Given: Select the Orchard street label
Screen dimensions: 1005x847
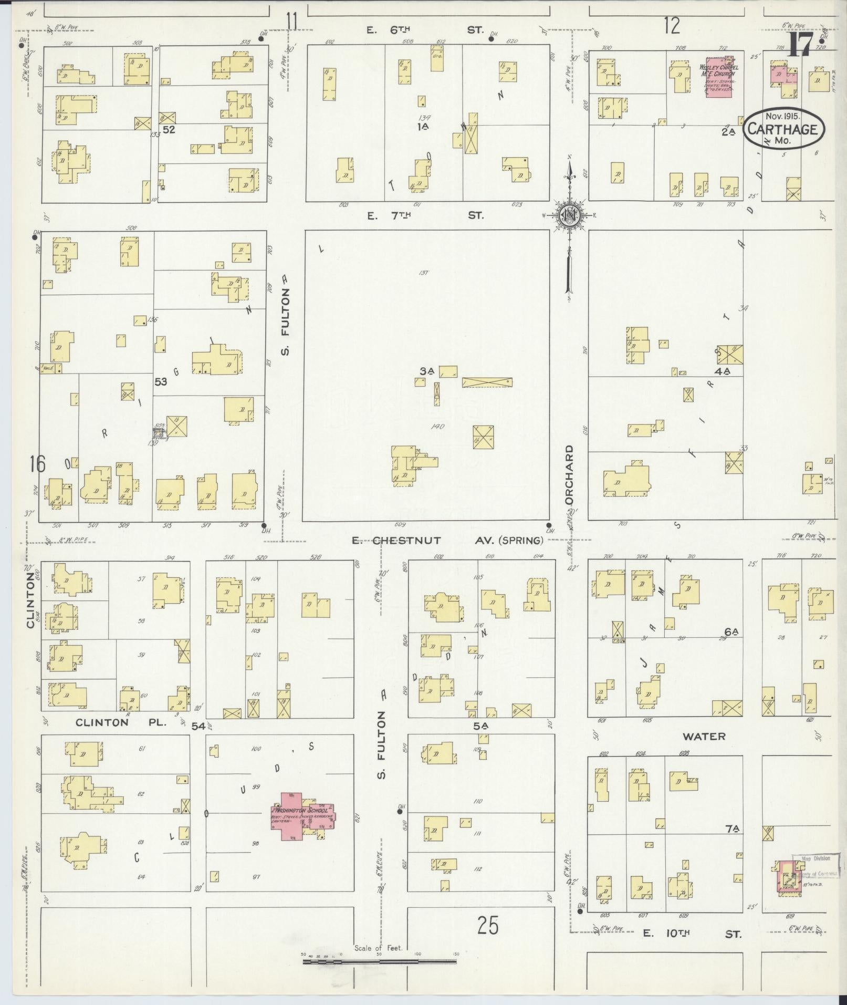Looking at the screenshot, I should click(569, 475).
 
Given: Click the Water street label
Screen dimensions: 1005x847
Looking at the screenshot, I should click(704, 737).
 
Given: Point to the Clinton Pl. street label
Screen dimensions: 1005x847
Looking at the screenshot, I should click(121, 722).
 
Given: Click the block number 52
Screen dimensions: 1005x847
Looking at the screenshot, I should click(169, 129).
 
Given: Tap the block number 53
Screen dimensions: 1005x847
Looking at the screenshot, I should click(160, 382).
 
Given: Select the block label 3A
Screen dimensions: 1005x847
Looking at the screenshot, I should click(426, 371).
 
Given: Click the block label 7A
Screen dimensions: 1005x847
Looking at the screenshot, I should click(732, 829).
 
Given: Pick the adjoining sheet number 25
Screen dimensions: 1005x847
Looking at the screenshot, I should click(488, 926).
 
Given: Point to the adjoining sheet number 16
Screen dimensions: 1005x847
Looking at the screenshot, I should click(37, 464).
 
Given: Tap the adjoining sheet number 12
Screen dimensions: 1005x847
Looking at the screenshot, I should click(672, 25).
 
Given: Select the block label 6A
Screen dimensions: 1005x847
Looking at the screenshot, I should click(731, 631).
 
